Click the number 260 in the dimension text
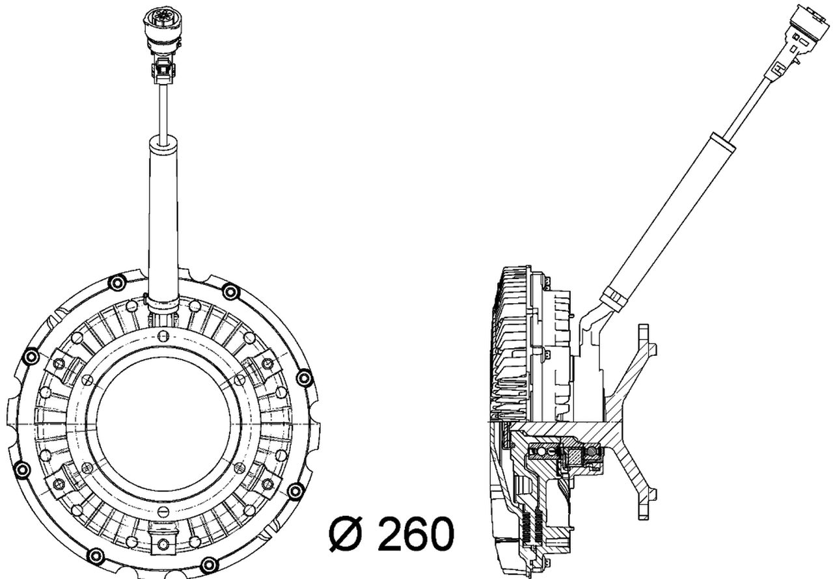(x=415, y=534)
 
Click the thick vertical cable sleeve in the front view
(x=163, y=215)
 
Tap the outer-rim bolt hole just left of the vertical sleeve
(x=117, y=283)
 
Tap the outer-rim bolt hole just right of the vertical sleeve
(x=230, y=291)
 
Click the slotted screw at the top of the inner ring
(x=163, y=336)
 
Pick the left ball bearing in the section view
(x=541, y=450)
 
